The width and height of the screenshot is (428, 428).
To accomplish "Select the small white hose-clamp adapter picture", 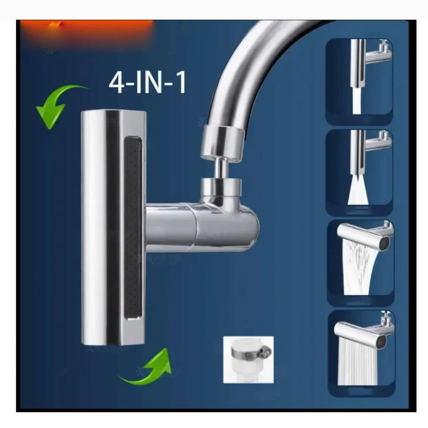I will tap(248, 359).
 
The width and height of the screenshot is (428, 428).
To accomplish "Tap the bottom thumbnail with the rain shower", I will tap(361, 353).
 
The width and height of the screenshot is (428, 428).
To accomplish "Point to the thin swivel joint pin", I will tap(220, 166).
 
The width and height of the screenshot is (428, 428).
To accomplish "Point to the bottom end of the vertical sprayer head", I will tap(113, 337).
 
